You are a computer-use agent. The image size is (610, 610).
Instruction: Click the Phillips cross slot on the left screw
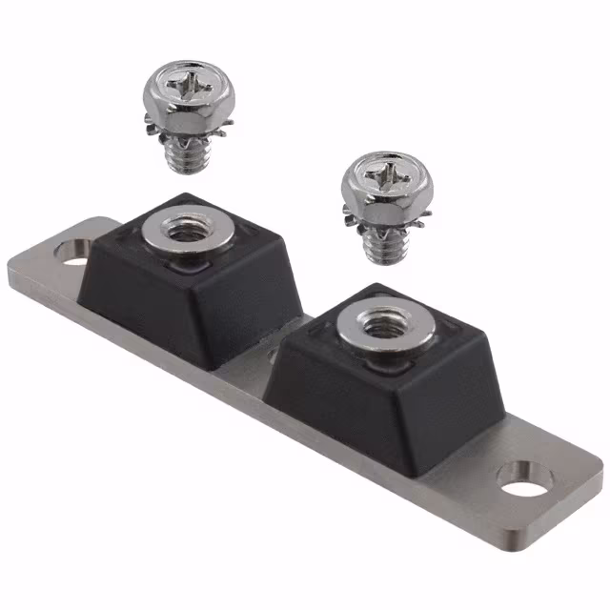[x=182, y=91]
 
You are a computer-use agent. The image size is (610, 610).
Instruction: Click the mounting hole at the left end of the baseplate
[x=72, y=252]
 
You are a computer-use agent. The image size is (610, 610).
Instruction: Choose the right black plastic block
[x=381, y=381]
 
